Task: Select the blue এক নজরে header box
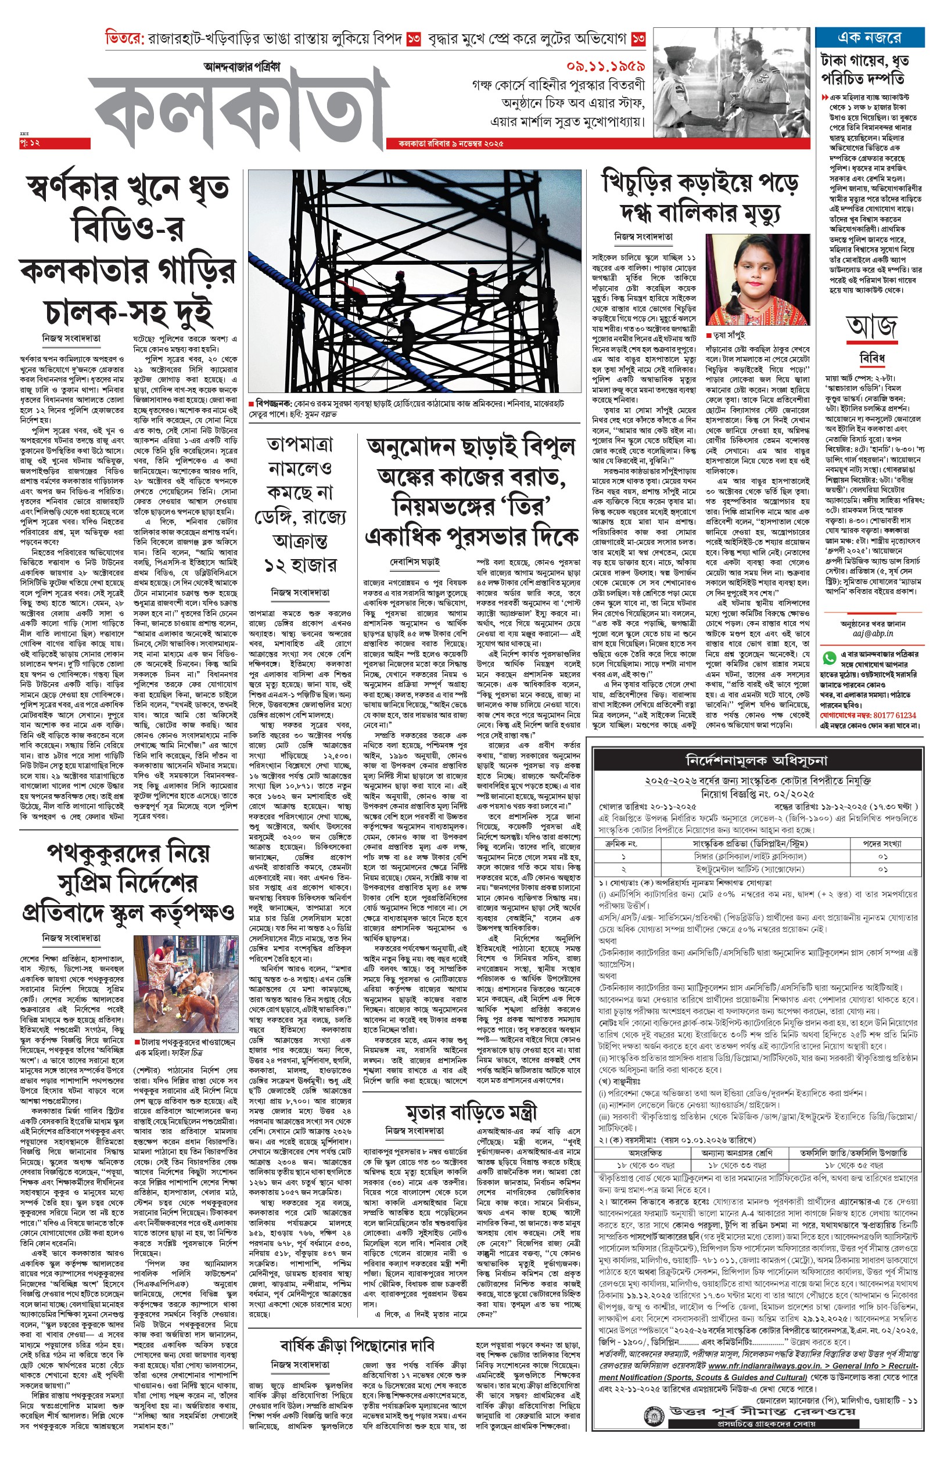869,37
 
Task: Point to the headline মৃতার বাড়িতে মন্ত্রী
470,1112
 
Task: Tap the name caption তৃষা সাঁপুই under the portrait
729,335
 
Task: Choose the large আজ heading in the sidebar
871,327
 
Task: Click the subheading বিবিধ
871,358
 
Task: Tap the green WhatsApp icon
830,658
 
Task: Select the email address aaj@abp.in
873,633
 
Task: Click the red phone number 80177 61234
895,715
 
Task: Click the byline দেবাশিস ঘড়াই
415,561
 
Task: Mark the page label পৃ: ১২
30,143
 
